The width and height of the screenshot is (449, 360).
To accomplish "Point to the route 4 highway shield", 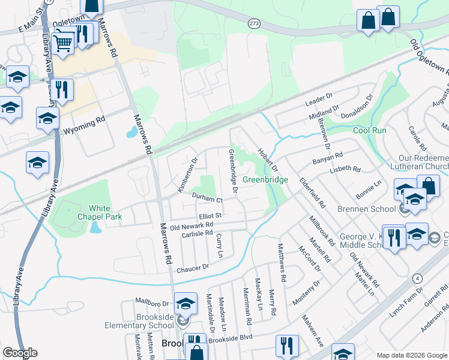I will (417, 278).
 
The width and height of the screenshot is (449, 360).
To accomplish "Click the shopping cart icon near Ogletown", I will (63, 42).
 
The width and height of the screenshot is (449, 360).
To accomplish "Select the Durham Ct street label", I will (207, 197).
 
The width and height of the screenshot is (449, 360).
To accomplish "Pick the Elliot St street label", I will (211, 215).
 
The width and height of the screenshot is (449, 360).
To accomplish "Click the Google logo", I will (20, 353).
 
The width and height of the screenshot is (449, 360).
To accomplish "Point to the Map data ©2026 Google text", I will (411, 355).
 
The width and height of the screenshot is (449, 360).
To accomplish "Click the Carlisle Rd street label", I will (197, 233).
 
